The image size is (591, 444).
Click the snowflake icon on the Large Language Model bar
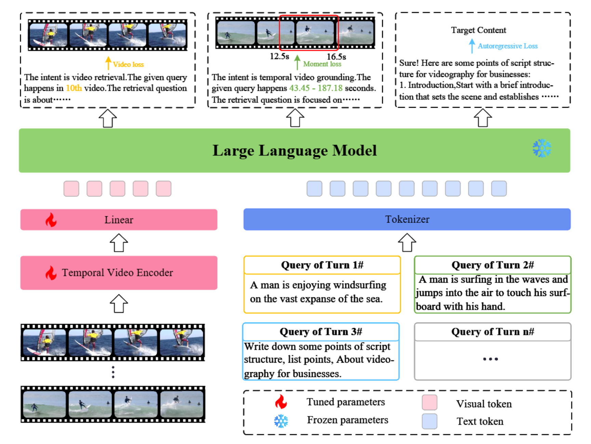tap(542, 148)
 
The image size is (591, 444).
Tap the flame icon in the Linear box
tap(51, 220)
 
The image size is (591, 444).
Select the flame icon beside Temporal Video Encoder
tap(51, 273)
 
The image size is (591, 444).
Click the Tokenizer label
tap(407, 219)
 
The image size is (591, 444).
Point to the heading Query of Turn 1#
tap(322, 265)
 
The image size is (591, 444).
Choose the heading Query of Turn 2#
tap(493, 265)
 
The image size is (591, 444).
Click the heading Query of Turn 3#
tap(321, 332)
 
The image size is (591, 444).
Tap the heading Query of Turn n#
tap(493, 332)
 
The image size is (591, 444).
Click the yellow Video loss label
tap(128, 64)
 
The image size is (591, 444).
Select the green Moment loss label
tap(322, 64)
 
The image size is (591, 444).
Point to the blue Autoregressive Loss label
tap(508, 46)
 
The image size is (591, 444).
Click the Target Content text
tap(478, 30)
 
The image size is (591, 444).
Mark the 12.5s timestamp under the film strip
tap(279, 56)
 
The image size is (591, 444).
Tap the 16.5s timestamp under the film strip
tap(336, 57)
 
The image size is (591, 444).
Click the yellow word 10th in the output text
tap(74, 88)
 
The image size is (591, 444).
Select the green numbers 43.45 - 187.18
tap(315, 88)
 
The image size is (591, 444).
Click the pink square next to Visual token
tap(429, 402)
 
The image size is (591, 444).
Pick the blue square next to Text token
tap(429, 421)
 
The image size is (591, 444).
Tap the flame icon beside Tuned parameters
tap(281, 402)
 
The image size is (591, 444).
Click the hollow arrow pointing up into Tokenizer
tap(407, 242)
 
